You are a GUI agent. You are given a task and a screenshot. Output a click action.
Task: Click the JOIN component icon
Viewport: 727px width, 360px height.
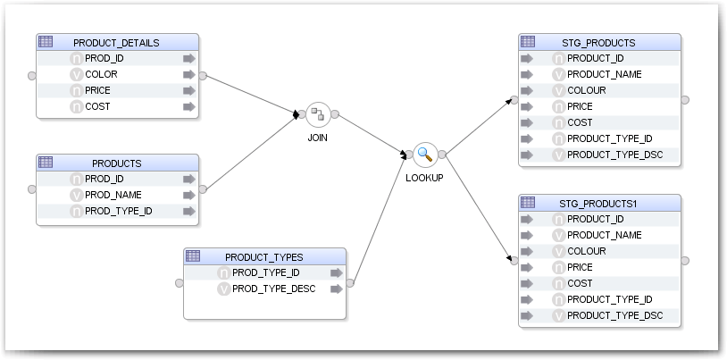pyautogui.click(x=318, y=114)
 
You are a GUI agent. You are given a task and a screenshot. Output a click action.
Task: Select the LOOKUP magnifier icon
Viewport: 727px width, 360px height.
pyautogui.click(x=424, y=154)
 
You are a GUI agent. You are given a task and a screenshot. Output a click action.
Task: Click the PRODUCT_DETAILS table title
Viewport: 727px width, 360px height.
pyautogui.click(x=116, y=42)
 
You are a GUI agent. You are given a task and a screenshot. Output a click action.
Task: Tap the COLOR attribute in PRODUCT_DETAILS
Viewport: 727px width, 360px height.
pyautogui.click(x=101, y=74)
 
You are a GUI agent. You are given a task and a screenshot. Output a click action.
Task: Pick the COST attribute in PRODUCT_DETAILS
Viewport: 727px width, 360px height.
pyautogui.click(x=97, y=106)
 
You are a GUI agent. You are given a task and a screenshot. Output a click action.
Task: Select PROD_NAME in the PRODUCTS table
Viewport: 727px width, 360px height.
pyautogui.click(x=113, y=195)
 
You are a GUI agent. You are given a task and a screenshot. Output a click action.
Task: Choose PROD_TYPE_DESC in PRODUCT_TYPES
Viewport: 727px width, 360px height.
pyautogui.click(x=273, y=289)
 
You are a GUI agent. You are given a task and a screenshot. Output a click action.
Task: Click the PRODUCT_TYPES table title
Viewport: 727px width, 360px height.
pyautogui.click(x=263, y=256)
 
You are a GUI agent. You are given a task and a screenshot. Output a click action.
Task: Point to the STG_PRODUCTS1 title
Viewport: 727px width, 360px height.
pyautogui.click(x=598, y=203)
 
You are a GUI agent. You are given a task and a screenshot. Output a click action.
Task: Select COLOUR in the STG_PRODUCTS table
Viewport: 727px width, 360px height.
pyautogui.click(x=586, y=90)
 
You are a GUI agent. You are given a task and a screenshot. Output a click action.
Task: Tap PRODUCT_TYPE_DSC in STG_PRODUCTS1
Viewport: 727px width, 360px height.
pyautogui.click(x=614, y=315)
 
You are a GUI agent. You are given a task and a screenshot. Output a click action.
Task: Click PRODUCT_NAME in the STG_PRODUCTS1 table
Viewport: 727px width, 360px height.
pyautogui.click(x=604, y=235)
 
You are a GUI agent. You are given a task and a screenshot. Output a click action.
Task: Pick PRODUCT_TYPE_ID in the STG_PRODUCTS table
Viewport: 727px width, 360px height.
pyautogui.click(x=609, y=138)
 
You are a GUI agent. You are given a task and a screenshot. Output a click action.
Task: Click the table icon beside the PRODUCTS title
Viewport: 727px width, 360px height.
pyautogui.click(x=46, y=163)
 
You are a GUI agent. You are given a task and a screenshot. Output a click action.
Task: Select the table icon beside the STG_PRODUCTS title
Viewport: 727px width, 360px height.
pyautogui.click(x=528, y=41)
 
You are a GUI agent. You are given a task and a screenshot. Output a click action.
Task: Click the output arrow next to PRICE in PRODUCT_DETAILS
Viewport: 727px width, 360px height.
pyautogui.click(x=188, y=90)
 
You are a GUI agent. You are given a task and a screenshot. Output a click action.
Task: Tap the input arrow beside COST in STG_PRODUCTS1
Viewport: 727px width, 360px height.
pyautogui.click(x=527, y=283)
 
